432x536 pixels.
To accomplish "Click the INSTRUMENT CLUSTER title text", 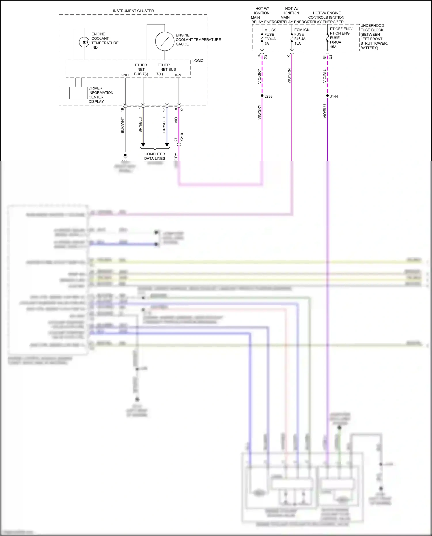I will (x=133, y=11).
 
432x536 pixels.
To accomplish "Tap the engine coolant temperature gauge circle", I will (x=164, y=41).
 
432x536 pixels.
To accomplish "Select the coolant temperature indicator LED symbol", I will (x=84, y=42).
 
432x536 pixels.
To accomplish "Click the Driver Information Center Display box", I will (x=78, y=93).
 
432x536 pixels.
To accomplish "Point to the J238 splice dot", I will (x=262, y=96).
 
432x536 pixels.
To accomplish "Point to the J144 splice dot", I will (x=327, y=96).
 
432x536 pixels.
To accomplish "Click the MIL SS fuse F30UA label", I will (x=270, y=37).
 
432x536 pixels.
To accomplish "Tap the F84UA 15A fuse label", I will (x=336, y=44).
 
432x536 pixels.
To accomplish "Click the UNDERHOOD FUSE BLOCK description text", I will (x=374, y=37).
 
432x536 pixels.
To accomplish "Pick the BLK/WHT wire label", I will (x=122, y=125).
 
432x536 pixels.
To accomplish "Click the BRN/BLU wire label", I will (x=141, y=124).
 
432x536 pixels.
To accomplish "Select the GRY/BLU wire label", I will (x=164, y=124).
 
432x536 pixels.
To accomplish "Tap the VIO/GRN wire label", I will (x=289, y=76).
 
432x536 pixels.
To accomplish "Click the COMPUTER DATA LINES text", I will (x=155, y=156).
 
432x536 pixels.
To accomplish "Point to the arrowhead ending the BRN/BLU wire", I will (x=143, y=145).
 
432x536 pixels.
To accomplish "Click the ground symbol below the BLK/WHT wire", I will (x=125, y=156).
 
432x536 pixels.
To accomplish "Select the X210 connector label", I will (x=182, y=137).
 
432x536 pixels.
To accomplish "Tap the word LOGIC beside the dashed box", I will (x=198, y=61).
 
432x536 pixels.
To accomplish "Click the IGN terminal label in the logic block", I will (x=178, y=75).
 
